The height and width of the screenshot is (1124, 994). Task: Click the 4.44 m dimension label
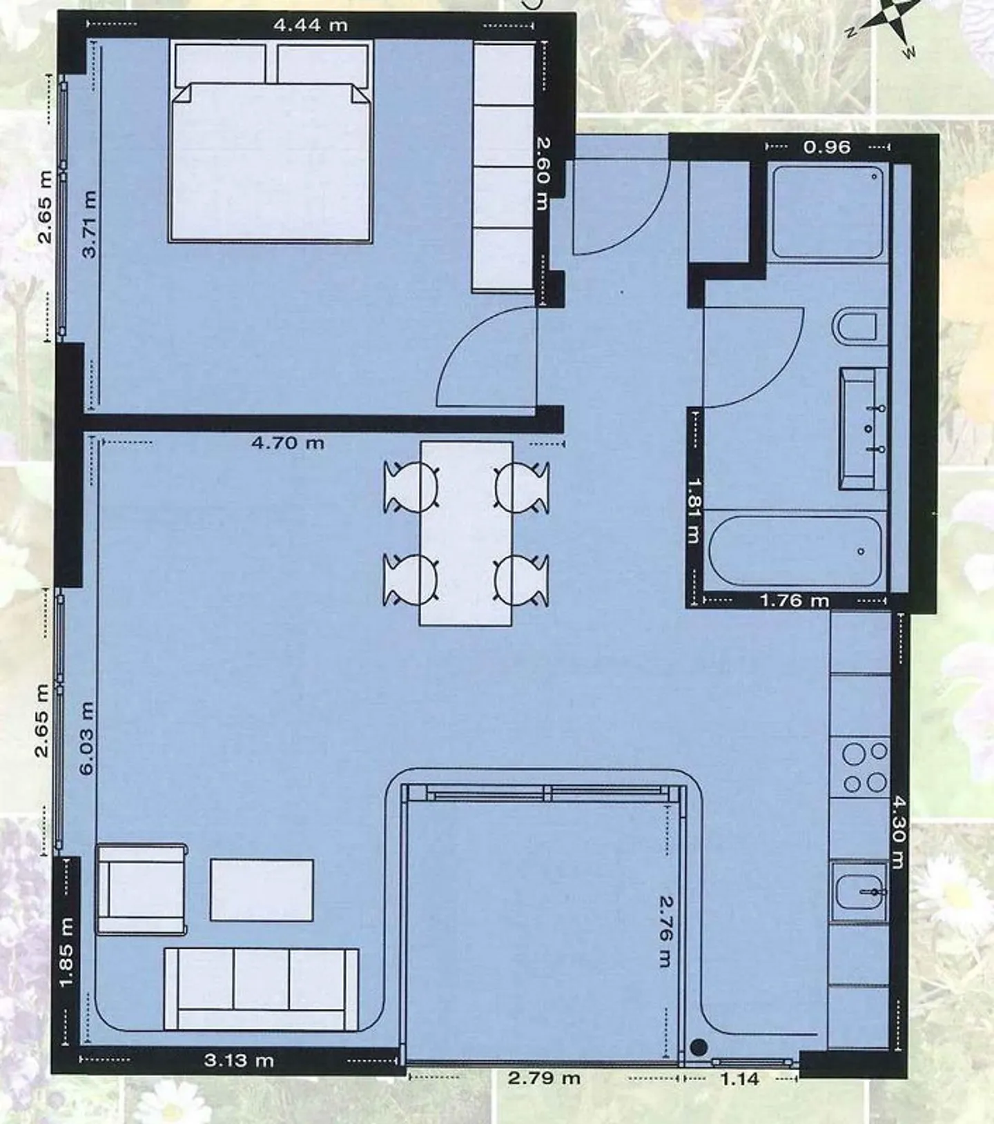pyautogui.click(x=310, y=26)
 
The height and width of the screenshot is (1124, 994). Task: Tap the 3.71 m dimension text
pyautogui.click(x=89, y=224)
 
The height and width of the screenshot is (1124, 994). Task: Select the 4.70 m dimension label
pyautogui.click(x=288, y=442)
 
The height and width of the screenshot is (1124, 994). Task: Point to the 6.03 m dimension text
pyautogui.click(x=86, y=738)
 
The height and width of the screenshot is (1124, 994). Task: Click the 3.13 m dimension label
pyautogui.click(x=239, y=1060)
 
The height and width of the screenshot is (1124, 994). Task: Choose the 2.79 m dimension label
pyautogui.click(x=544, y=1078)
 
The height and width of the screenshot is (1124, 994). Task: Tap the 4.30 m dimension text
pyautogui.click(x=897, y=832)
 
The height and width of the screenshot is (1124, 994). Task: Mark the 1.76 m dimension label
pyautogui.click(x=795, y=601)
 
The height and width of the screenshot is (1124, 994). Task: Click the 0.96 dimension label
pyautogui.click(x=827, y=147)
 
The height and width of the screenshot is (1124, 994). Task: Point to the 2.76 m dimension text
pyautogui.click(x=664, y=931)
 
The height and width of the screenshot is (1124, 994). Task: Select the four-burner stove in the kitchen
pyautogui.click(x=860, y=767)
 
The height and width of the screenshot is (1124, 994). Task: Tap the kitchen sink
pyautogui.click(x=859, y=891)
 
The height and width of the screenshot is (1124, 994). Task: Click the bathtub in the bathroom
pyautogui.click(x=796, y=551)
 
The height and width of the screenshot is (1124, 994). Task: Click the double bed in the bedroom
pyautogui.click(x=271, y=141)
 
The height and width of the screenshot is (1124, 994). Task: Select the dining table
pyautogui.click(x=466, y=533)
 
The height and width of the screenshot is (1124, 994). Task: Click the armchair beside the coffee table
pyautogui.click(x=142, y=889)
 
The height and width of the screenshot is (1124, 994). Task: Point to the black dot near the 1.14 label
pyautogui.click(x=699, y=1047)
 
